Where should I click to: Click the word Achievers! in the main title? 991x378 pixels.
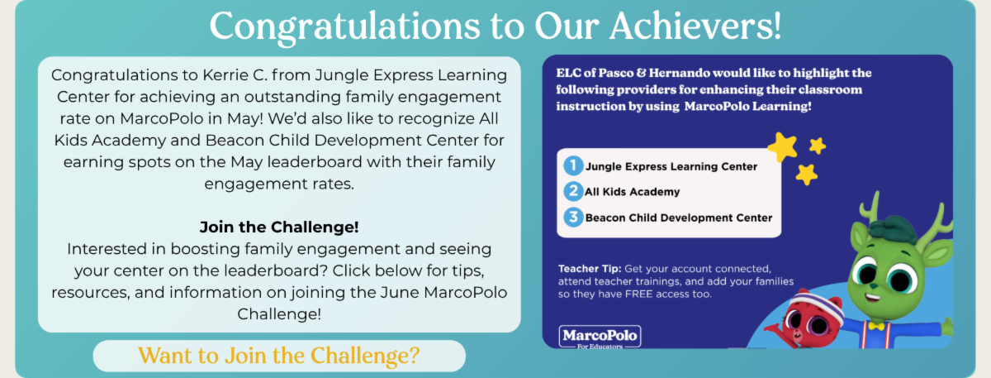click(695, 26)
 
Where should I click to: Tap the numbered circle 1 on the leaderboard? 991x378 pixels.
click(573, 165)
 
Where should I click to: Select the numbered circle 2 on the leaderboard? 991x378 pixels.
click(573, 191)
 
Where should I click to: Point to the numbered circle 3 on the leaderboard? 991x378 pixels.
click(573, 218)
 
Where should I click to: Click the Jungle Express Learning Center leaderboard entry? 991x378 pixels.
click(671, 166)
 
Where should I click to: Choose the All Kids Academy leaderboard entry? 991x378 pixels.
click(633, 192)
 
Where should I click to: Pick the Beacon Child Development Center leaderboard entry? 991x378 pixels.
click(679, 218)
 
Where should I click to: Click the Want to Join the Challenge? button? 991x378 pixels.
click(279, 356)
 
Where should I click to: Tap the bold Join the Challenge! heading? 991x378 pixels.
click(279, 227)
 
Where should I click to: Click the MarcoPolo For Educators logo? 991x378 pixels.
click(600, 337)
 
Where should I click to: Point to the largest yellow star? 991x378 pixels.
click(782, 146)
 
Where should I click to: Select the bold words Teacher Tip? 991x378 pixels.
click(590, 269)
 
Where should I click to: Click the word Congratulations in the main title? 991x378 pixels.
click(344, 26)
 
